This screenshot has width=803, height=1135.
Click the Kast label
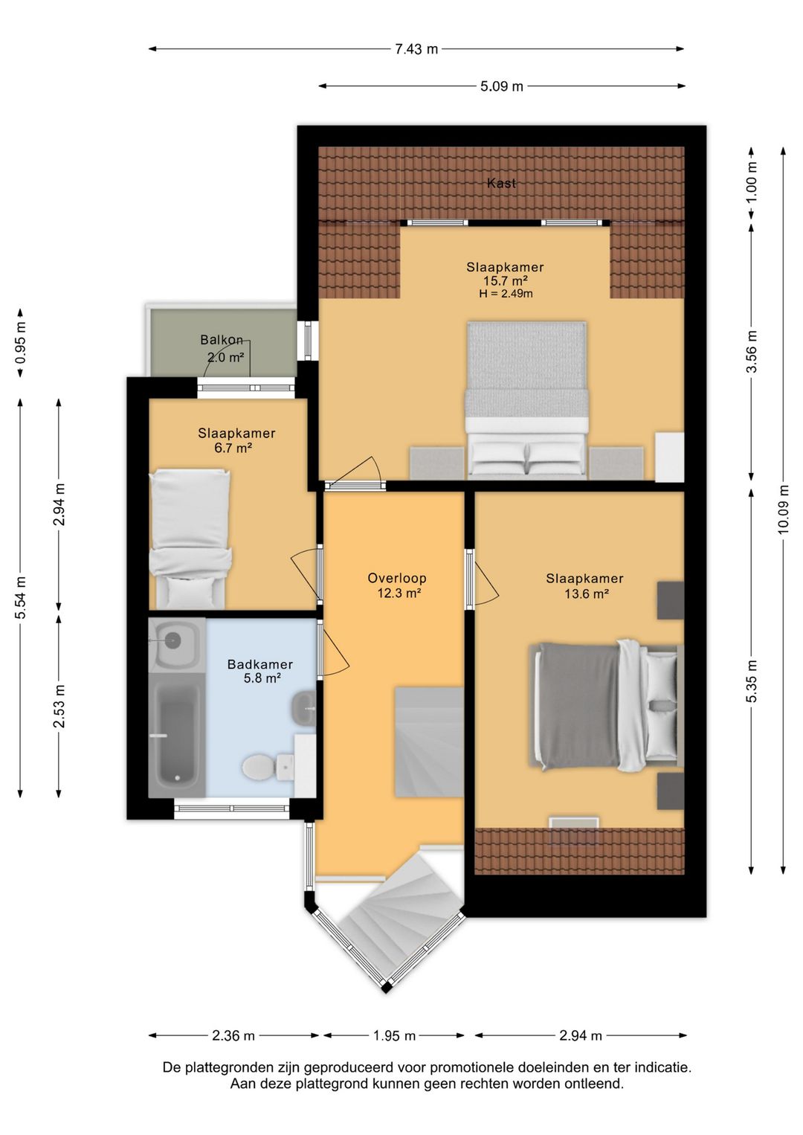point(501,184)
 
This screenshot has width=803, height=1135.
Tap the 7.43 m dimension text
point(416,49)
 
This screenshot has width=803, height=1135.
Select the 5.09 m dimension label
point(502,86)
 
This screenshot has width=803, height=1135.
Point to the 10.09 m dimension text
point(783,509)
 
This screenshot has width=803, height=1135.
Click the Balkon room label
point(222,339)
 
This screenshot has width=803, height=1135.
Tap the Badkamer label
point(260,664)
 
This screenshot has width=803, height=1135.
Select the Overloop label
point(397,578)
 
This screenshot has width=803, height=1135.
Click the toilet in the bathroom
point(268,768)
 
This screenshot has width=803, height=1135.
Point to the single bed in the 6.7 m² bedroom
point(190,538)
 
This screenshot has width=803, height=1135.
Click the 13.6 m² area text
point(586,594)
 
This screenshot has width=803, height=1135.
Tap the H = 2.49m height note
point(506,294)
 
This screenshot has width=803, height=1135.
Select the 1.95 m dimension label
point(394,1036)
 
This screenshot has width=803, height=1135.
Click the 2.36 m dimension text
point(233,1036)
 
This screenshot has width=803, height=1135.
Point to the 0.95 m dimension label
point(20,343)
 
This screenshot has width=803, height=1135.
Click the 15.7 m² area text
point(506,280)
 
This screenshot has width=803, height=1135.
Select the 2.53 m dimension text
point(59,706)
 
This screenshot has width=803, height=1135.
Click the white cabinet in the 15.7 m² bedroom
point(669,457)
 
